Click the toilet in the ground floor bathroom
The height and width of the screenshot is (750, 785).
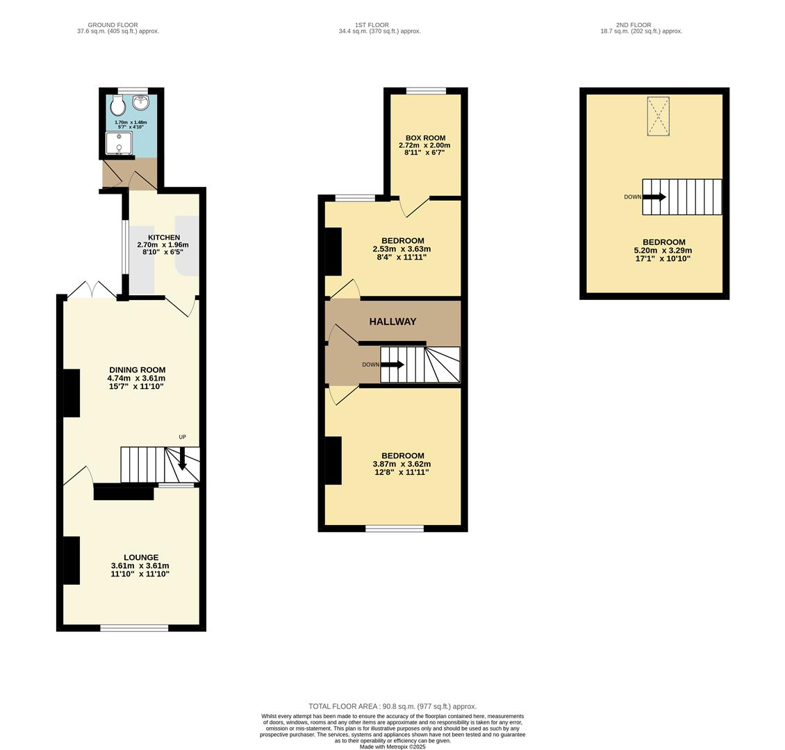[117, 106]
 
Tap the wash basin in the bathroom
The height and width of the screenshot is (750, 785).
[142, 103]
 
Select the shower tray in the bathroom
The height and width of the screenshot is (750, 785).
[118, 143]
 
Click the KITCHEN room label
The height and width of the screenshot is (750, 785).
[163, 237]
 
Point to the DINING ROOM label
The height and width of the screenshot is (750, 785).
[137, 370]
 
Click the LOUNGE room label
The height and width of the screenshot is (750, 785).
[141, 557]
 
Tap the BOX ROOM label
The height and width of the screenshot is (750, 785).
[425, 138]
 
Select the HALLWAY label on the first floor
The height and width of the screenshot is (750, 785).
[392, 322]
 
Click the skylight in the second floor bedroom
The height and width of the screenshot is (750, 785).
[658, 116]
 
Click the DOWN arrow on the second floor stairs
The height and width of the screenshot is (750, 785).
[654, 197]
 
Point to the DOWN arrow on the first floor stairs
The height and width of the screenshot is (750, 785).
[392, 365]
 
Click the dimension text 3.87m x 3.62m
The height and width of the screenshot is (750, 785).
[402, 464]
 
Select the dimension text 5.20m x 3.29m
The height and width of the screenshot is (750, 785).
[663, 251]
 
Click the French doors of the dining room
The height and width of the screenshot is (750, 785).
[92, 290]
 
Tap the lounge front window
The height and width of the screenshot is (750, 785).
[134, 628]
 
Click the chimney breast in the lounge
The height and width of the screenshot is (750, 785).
[72, 560]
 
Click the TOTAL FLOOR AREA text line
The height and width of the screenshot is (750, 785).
[392, 706]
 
